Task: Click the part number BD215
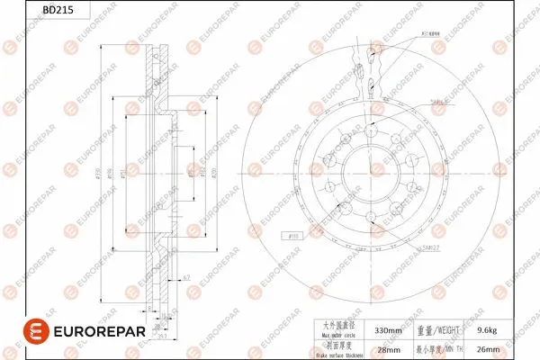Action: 30,11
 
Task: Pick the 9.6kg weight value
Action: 488,330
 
